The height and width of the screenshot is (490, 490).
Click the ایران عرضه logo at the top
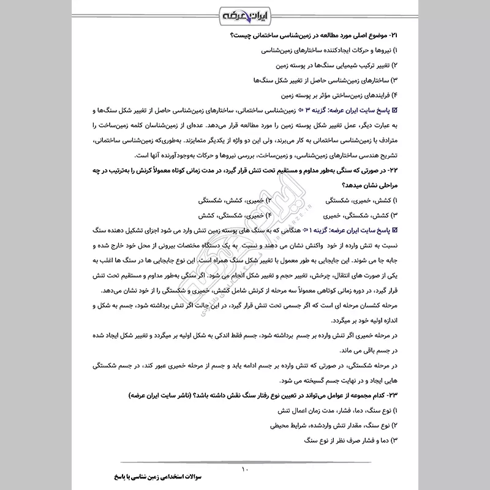(244, 13)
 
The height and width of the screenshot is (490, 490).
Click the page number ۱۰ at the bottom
(244, 469)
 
